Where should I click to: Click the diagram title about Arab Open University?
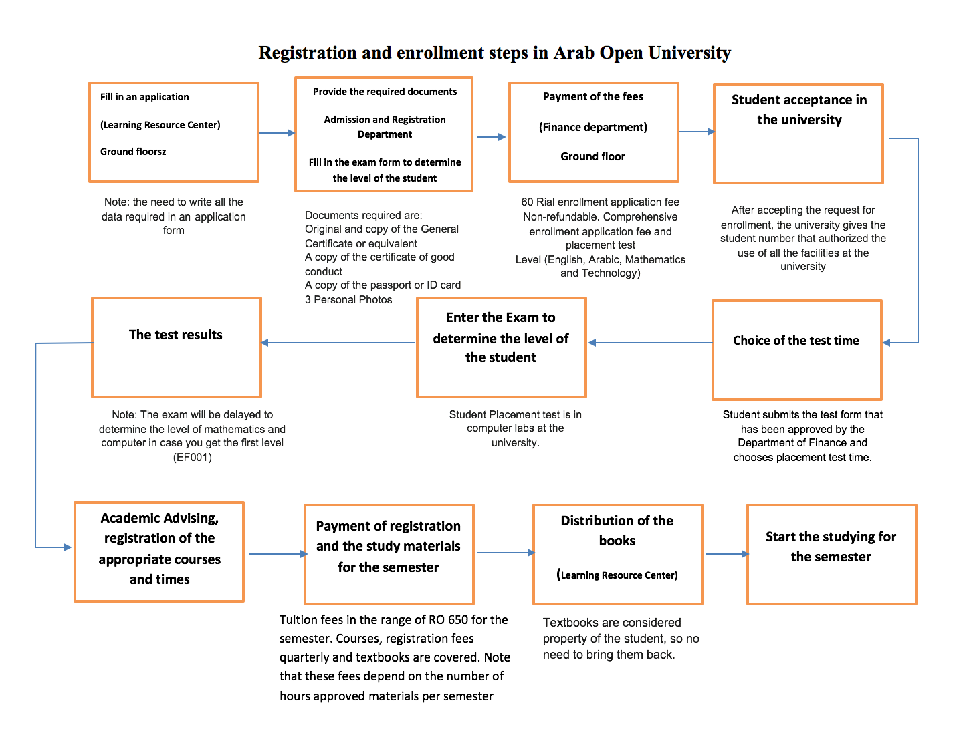point(494,53)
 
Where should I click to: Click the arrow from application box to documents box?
point(276,132)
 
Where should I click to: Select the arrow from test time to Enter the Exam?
point(650,343)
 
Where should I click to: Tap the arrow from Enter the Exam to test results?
point(338,343)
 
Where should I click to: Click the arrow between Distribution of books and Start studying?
point(726,554)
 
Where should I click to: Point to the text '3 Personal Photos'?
point(348,299)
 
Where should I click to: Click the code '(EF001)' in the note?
point(193,458)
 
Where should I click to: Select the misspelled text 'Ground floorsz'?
point(132,152)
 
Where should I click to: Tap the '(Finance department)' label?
point(592,127)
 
